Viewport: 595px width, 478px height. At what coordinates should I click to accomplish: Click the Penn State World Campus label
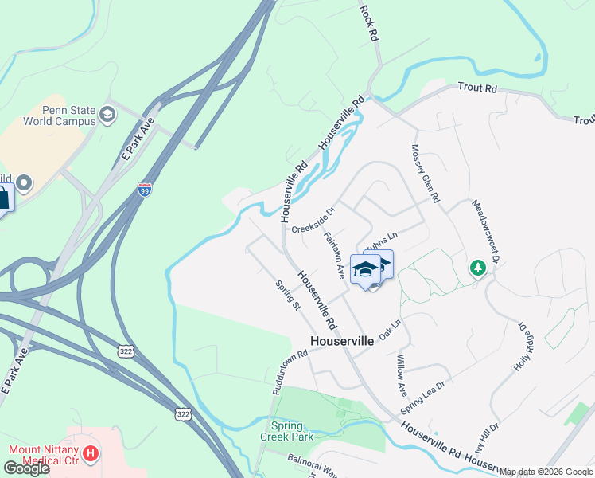coord(71,116)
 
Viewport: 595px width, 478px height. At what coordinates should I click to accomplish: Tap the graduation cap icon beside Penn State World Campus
coord(107,116)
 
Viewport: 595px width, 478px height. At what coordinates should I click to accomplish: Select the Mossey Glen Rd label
coord(425,173)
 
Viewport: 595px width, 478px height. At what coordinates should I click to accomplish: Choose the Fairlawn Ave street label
coord(335,255)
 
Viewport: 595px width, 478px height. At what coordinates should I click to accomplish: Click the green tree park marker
coord(478,268)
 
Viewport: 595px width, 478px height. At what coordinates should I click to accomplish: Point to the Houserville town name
coord(342,340)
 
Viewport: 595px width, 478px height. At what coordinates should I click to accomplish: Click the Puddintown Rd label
coord(290,374)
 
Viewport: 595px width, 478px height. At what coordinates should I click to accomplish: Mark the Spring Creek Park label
coord(286,431)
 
